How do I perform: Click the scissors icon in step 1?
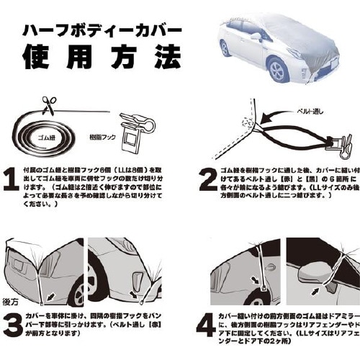click(x=48, y=107)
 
